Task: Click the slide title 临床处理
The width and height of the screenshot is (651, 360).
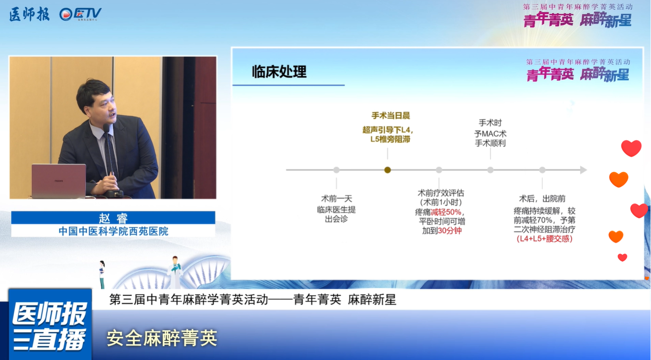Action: coord(279,72)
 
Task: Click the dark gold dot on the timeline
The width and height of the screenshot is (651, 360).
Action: coord(387,170)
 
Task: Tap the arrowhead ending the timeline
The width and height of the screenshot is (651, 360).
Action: coord(583,170)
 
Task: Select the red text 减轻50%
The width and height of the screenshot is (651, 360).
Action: coord(446,212)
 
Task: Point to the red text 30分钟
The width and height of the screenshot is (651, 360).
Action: coord(449,231)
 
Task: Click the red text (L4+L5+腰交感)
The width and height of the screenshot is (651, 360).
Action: coord(544,239)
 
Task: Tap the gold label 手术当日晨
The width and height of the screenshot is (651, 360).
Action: coord(391,116)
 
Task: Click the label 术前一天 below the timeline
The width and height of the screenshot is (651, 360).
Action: coord(337,199)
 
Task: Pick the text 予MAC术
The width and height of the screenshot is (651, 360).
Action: coord(490,134)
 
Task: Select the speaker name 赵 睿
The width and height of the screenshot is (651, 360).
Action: coord(113,218)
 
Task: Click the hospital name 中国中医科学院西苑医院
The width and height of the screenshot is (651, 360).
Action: coord(113,231)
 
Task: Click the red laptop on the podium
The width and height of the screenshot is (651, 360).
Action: coord(59,181)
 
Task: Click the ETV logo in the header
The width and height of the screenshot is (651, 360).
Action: coord(80,14)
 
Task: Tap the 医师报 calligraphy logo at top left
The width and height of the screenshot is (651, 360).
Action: coord(29,14)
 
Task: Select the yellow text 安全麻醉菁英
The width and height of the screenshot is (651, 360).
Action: coord(162,338)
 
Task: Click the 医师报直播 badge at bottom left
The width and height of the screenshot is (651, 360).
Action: coord(50,324)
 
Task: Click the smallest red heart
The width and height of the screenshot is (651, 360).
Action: coord(622,257)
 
